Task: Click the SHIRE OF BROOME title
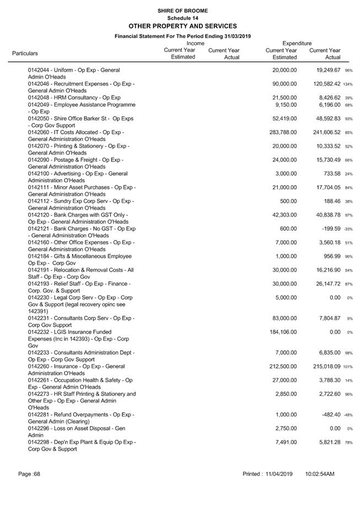pos(182,10)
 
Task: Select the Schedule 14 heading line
pos(182,18)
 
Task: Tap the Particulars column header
pos(25,53)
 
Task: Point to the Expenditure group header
pos(297,43)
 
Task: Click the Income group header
pos(195,43)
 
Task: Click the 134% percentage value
pos(347,84)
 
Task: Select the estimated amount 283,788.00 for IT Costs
pos(281,132)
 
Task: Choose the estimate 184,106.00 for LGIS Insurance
pos(281,332)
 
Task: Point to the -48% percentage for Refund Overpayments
pos(347,415)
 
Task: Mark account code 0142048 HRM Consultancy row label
pos(74,98)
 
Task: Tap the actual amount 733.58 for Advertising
pos(330,174)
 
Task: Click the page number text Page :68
pos(29,474)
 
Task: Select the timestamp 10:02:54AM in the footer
pos(320,474)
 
